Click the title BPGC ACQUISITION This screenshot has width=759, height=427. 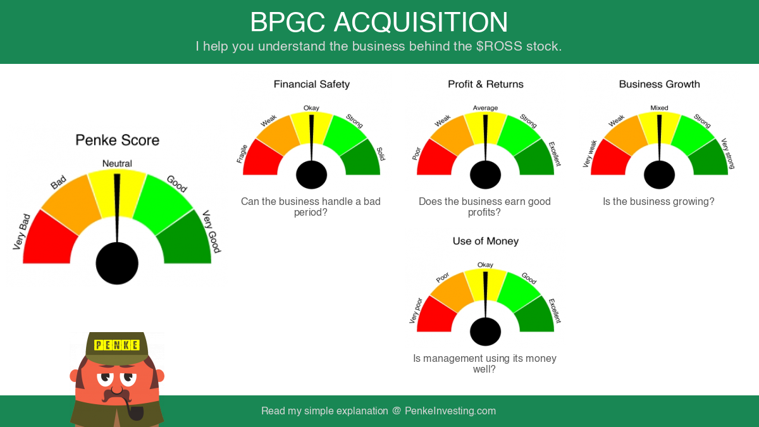point(379,22)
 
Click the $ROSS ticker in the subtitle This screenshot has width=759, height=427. point(499,46)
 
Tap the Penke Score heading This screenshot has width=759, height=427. point(117,140)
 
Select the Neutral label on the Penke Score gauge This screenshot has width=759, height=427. point(117,164)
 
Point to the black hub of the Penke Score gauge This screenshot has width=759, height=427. point(117,263)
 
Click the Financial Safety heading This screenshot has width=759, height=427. point(312,84)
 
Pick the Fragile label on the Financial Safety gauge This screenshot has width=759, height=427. point(242,154)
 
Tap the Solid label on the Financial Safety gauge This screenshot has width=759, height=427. point(381,154)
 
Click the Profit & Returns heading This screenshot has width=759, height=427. point(486,84)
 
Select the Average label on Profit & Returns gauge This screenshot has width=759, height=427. point(485,108)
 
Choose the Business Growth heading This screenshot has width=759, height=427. point(659,84)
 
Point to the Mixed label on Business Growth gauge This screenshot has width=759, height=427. point(659,108)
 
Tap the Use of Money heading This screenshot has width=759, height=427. point(486,241)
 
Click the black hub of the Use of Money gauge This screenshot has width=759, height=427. point(485,331)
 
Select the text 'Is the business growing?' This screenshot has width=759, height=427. point(658,202)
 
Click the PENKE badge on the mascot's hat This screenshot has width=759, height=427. point(117,345)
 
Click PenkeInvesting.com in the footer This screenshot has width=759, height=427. point(450,411)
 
